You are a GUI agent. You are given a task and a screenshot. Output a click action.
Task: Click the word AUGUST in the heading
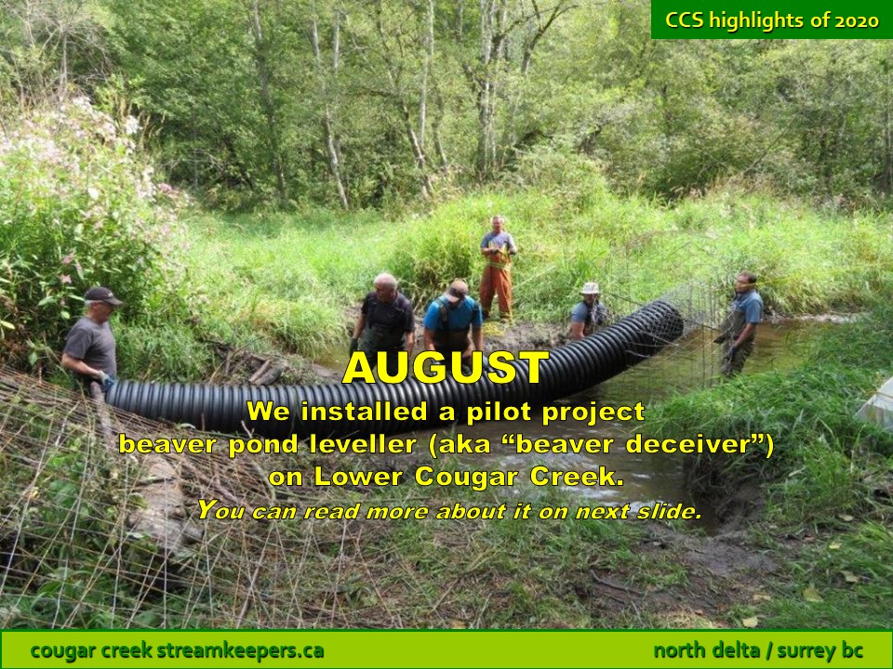446,368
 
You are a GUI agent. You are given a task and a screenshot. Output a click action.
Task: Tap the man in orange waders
497,268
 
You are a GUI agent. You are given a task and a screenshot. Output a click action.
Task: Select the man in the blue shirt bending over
453,319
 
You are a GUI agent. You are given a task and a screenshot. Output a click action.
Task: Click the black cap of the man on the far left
102,295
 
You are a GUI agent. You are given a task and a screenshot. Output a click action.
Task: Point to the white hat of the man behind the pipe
590,288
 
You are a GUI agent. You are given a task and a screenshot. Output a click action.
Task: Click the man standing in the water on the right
740,324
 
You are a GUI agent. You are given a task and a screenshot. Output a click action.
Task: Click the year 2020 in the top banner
857,21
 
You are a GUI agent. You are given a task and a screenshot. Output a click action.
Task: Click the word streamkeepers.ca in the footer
240,650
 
